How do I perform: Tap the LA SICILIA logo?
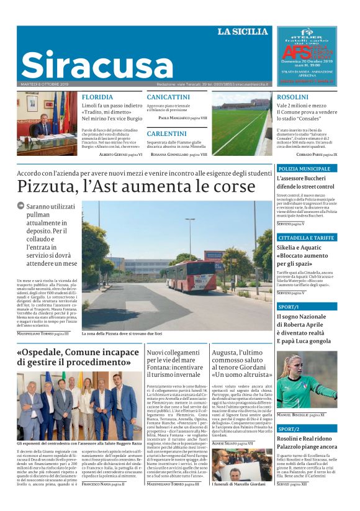coord(243,32)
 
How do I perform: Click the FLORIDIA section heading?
coord(97,97)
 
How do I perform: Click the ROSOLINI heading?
coord(292,97)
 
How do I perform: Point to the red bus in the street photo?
coord(191,275)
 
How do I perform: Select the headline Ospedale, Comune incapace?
coord(78,357)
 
